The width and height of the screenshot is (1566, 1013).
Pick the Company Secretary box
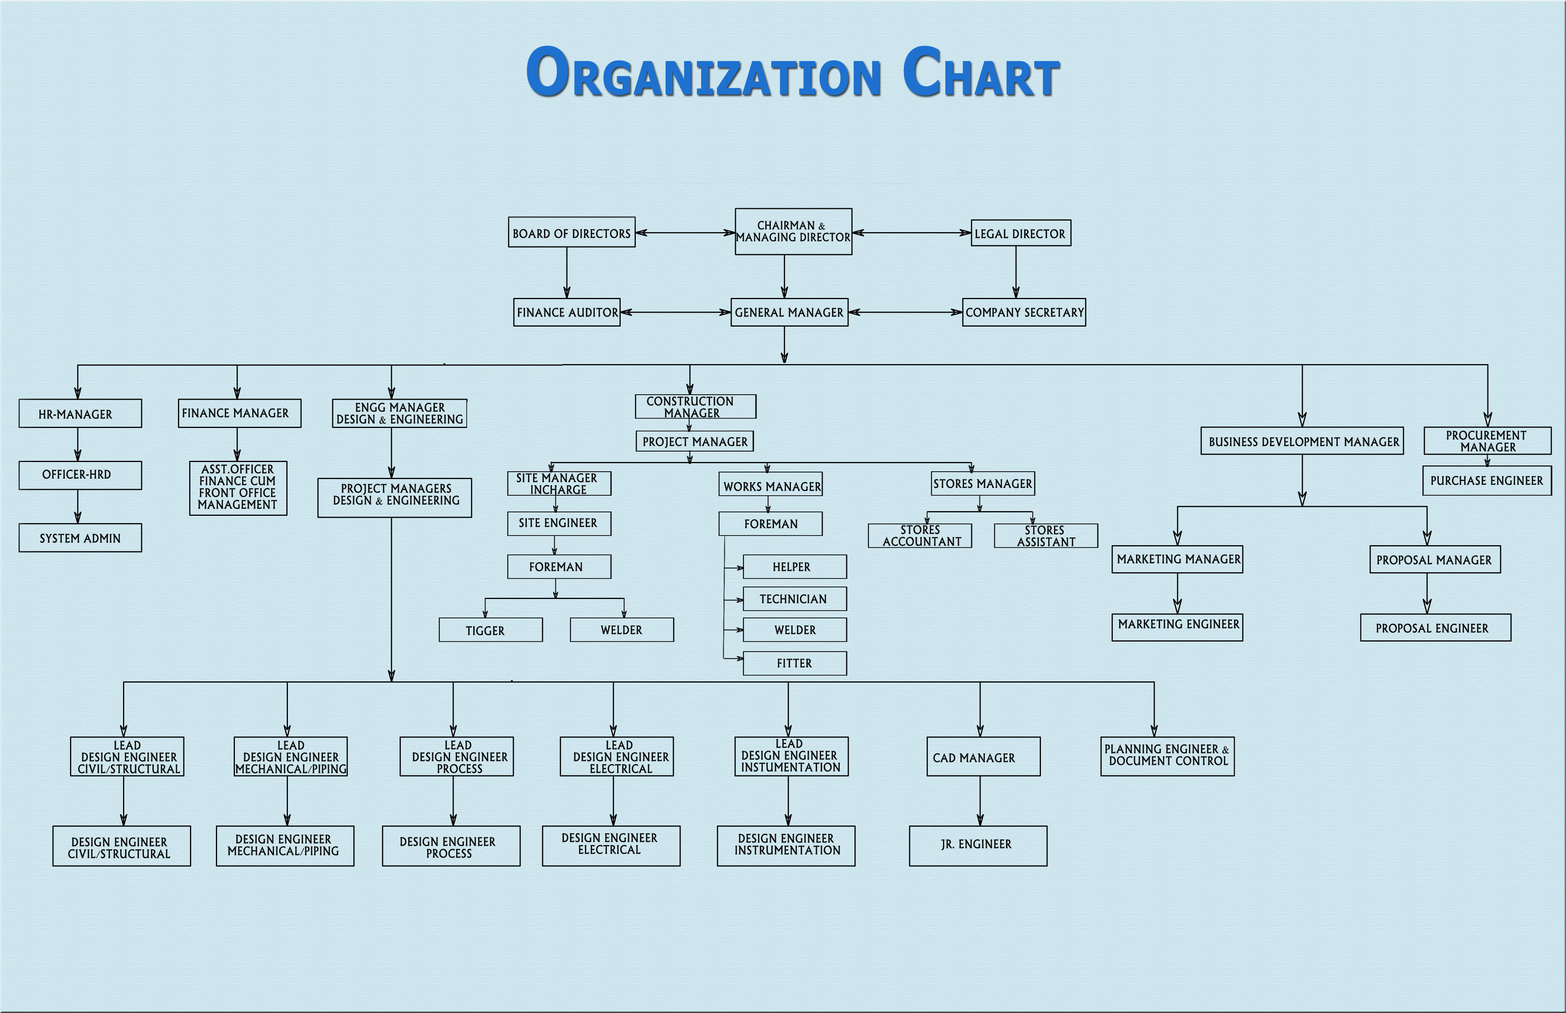pos(1024,313)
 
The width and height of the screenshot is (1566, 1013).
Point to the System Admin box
pos(80,538)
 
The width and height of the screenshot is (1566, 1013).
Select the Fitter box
pos(794,663)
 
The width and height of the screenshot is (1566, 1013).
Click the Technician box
pos(794,599)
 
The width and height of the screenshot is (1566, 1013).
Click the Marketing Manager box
pos(1177,559)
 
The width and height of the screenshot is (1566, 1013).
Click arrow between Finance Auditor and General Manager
pos(676,313)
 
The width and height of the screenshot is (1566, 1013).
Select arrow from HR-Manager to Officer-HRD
pos(78,444)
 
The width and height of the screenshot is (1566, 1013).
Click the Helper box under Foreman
pos(794,566)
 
